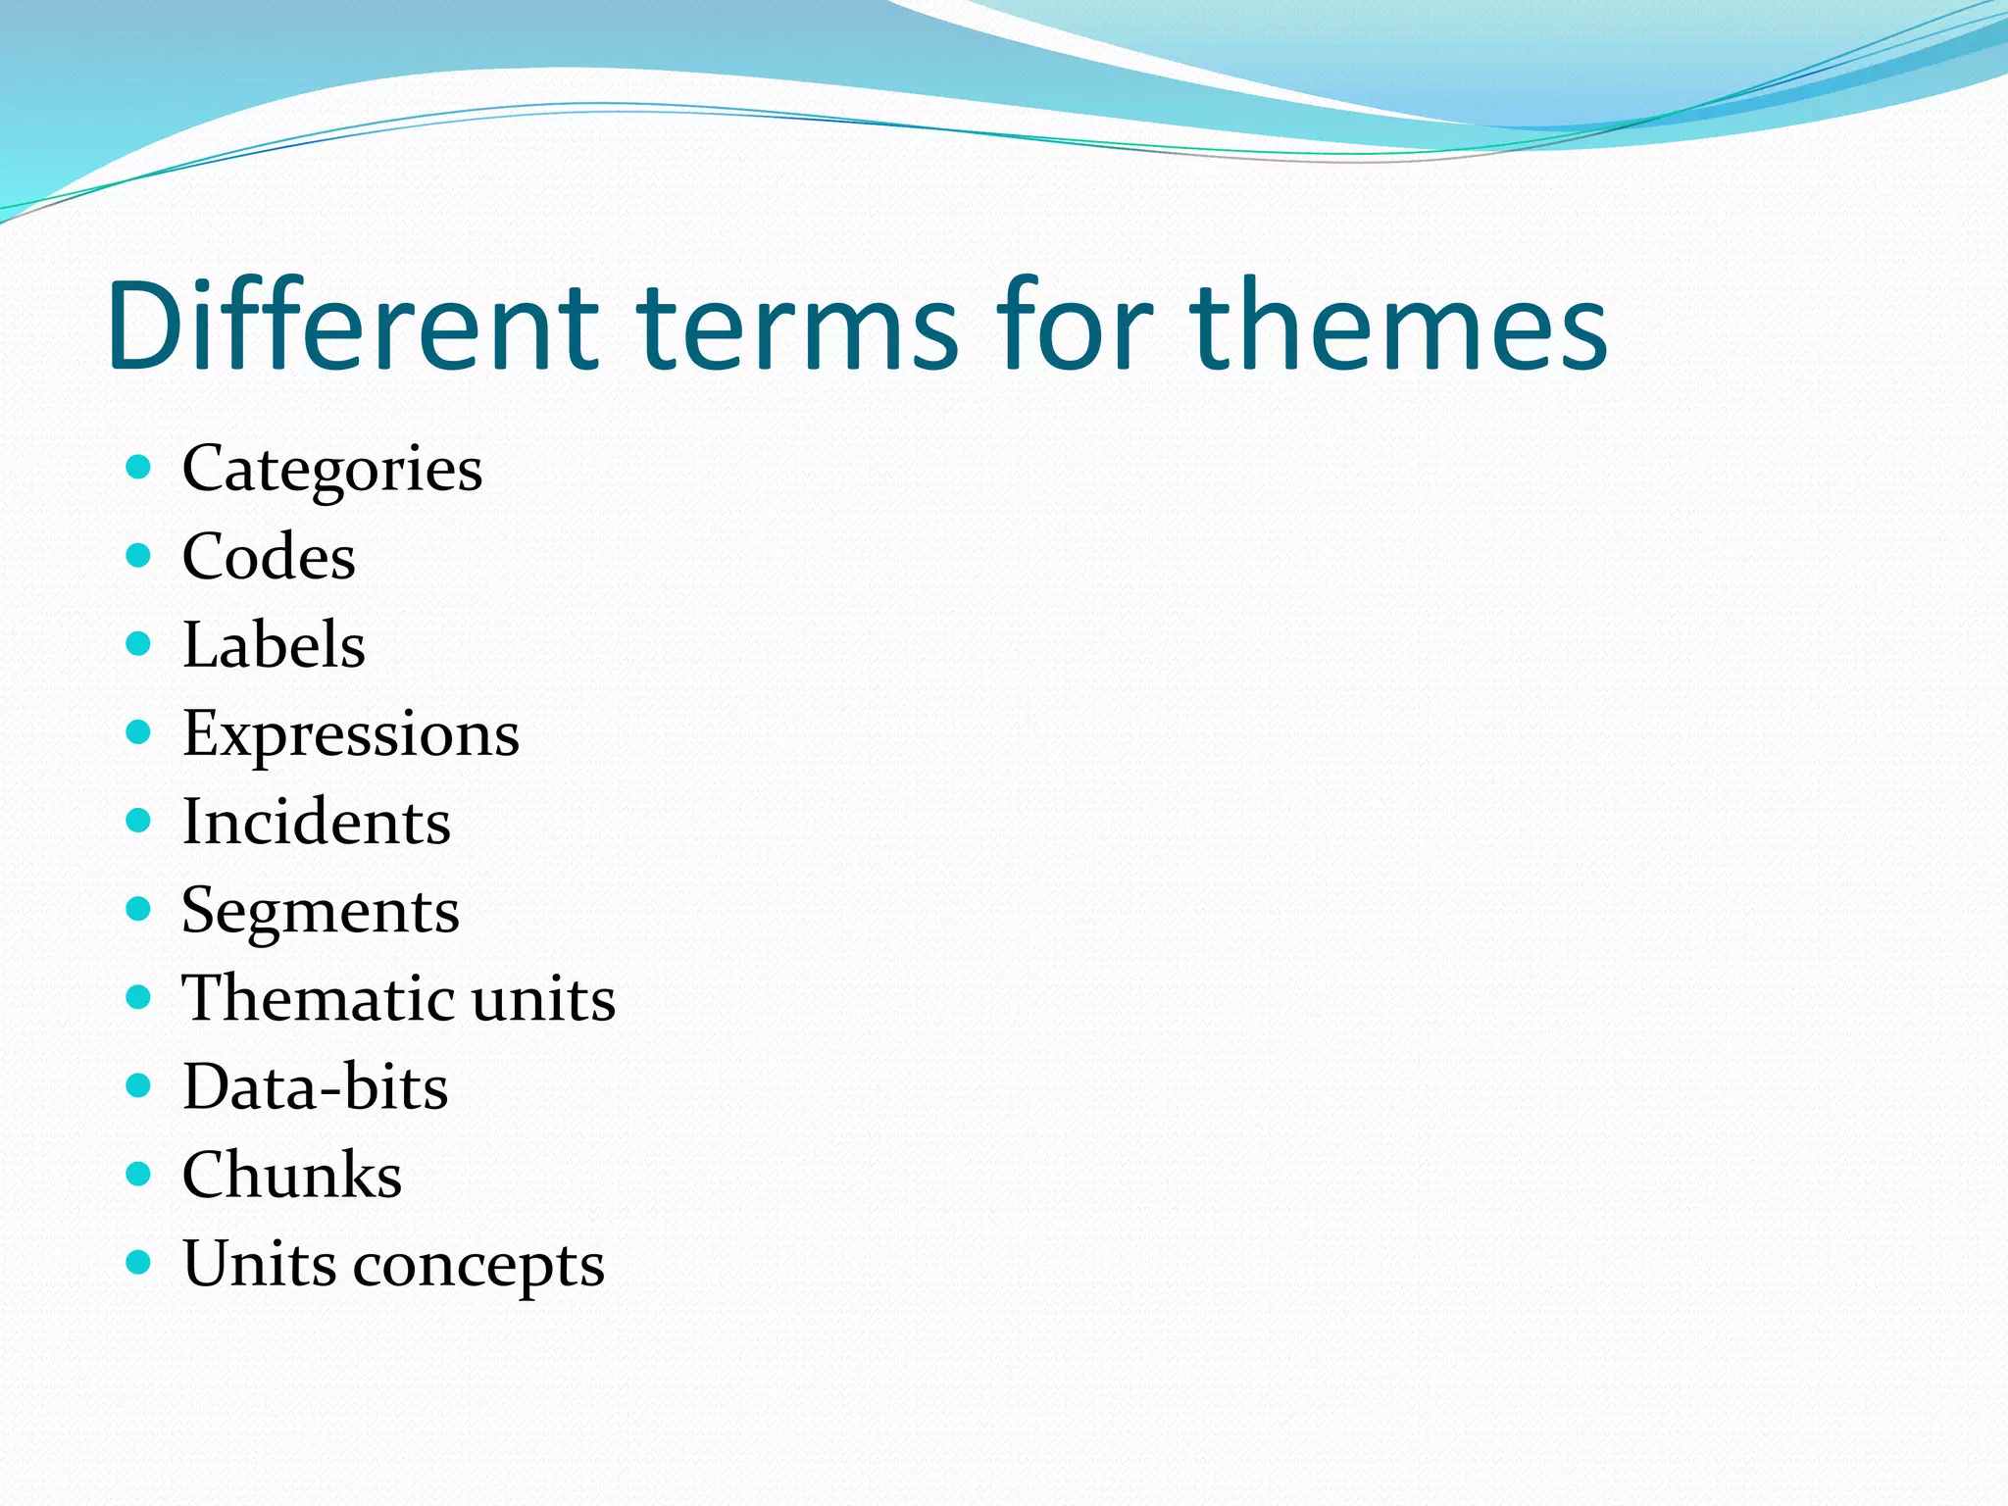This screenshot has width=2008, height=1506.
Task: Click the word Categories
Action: click(x=331, y=469)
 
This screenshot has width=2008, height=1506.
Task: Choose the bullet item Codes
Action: click(x=269, y=557)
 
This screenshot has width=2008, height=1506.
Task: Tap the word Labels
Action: click(x=274, y=645)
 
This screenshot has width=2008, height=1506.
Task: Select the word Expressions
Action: click(x=350, y=734)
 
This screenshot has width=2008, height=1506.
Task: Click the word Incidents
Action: click(x=316, y=822)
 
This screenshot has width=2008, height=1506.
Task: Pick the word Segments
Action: click(x=320, y=911)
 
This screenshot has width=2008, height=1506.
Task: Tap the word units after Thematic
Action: click(x=543, y=998)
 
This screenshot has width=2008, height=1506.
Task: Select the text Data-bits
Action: click(x=315, y=1086)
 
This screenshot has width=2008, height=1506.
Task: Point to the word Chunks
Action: click(x=291, y=1175)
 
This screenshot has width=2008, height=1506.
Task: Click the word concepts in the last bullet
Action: click(x=478, y=1264)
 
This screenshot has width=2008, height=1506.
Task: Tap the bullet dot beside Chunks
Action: click(x=138, y=1173)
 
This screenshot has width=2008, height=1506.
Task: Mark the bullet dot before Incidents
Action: click(x=138, y=820)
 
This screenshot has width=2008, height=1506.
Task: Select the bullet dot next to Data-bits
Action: click(x=138, y=1084)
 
